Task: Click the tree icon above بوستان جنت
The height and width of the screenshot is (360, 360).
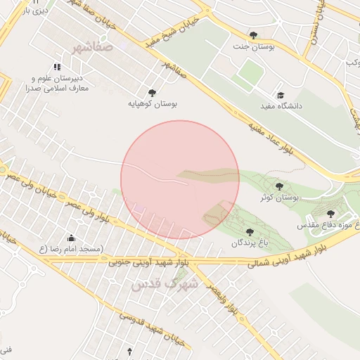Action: pyautogui.click(x=253, y=34)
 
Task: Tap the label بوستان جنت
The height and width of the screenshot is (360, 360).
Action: pyautogui.click(x=252, y=46)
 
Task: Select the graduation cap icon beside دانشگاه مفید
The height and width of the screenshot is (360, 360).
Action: pyautogui.click(x=281, y=94)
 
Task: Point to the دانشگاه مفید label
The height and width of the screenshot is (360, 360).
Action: pyautogui.click(x=281, y=105)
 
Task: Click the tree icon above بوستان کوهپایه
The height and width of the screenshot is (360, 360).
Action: pyautogui.click(x=151, y=91)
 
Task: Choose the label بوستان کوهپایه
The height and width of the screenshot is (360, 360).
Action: pyautogui.click(x=151, y=103)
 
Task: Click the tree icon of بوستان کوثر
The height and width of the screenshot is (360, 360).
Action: pyautogui.click(x=280, y=186)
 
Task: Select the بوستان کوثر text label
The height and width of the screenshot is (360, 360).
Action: pyautogui.click(x=280, y=198)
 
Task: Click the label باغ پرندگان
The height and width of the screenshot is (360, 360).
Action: pyautogui.click(x=249, y=243)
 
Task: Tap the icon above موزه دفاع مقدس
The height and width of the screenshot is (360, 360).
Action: pyautogui.click(x=330, y=214)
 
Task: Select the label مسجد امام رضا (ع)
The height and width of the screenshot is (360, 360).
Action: pyautogui.click(x=70, y=249)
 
